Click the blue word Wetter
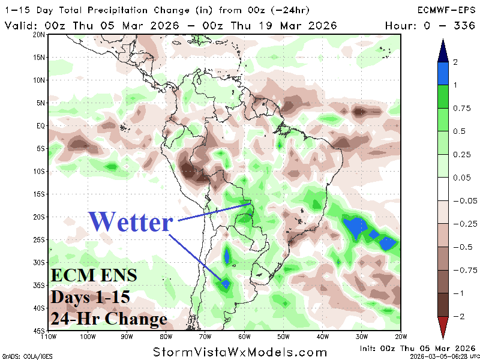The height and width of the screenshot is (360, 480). (x=131, y=222)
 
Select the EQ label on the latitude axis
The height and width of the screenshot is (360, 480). (x=41, y=126)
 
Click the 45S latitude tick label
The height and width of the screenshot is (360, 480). (x=40, y=331)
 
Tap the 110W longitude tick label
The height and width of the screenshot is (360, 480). (x=49, y=336)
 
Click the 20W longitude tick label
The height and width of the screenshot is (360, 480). (x=401, y=336)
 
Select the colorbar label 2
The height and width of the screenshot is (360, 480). (x=456, y=62)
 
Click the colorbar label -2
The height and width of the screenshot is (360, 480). (x=457, y=316)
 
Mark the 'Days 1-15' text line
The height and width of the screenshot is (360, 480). (x=89, y=298)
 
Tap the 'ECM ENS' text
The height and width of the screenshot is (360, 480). (x=93, y=277)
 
